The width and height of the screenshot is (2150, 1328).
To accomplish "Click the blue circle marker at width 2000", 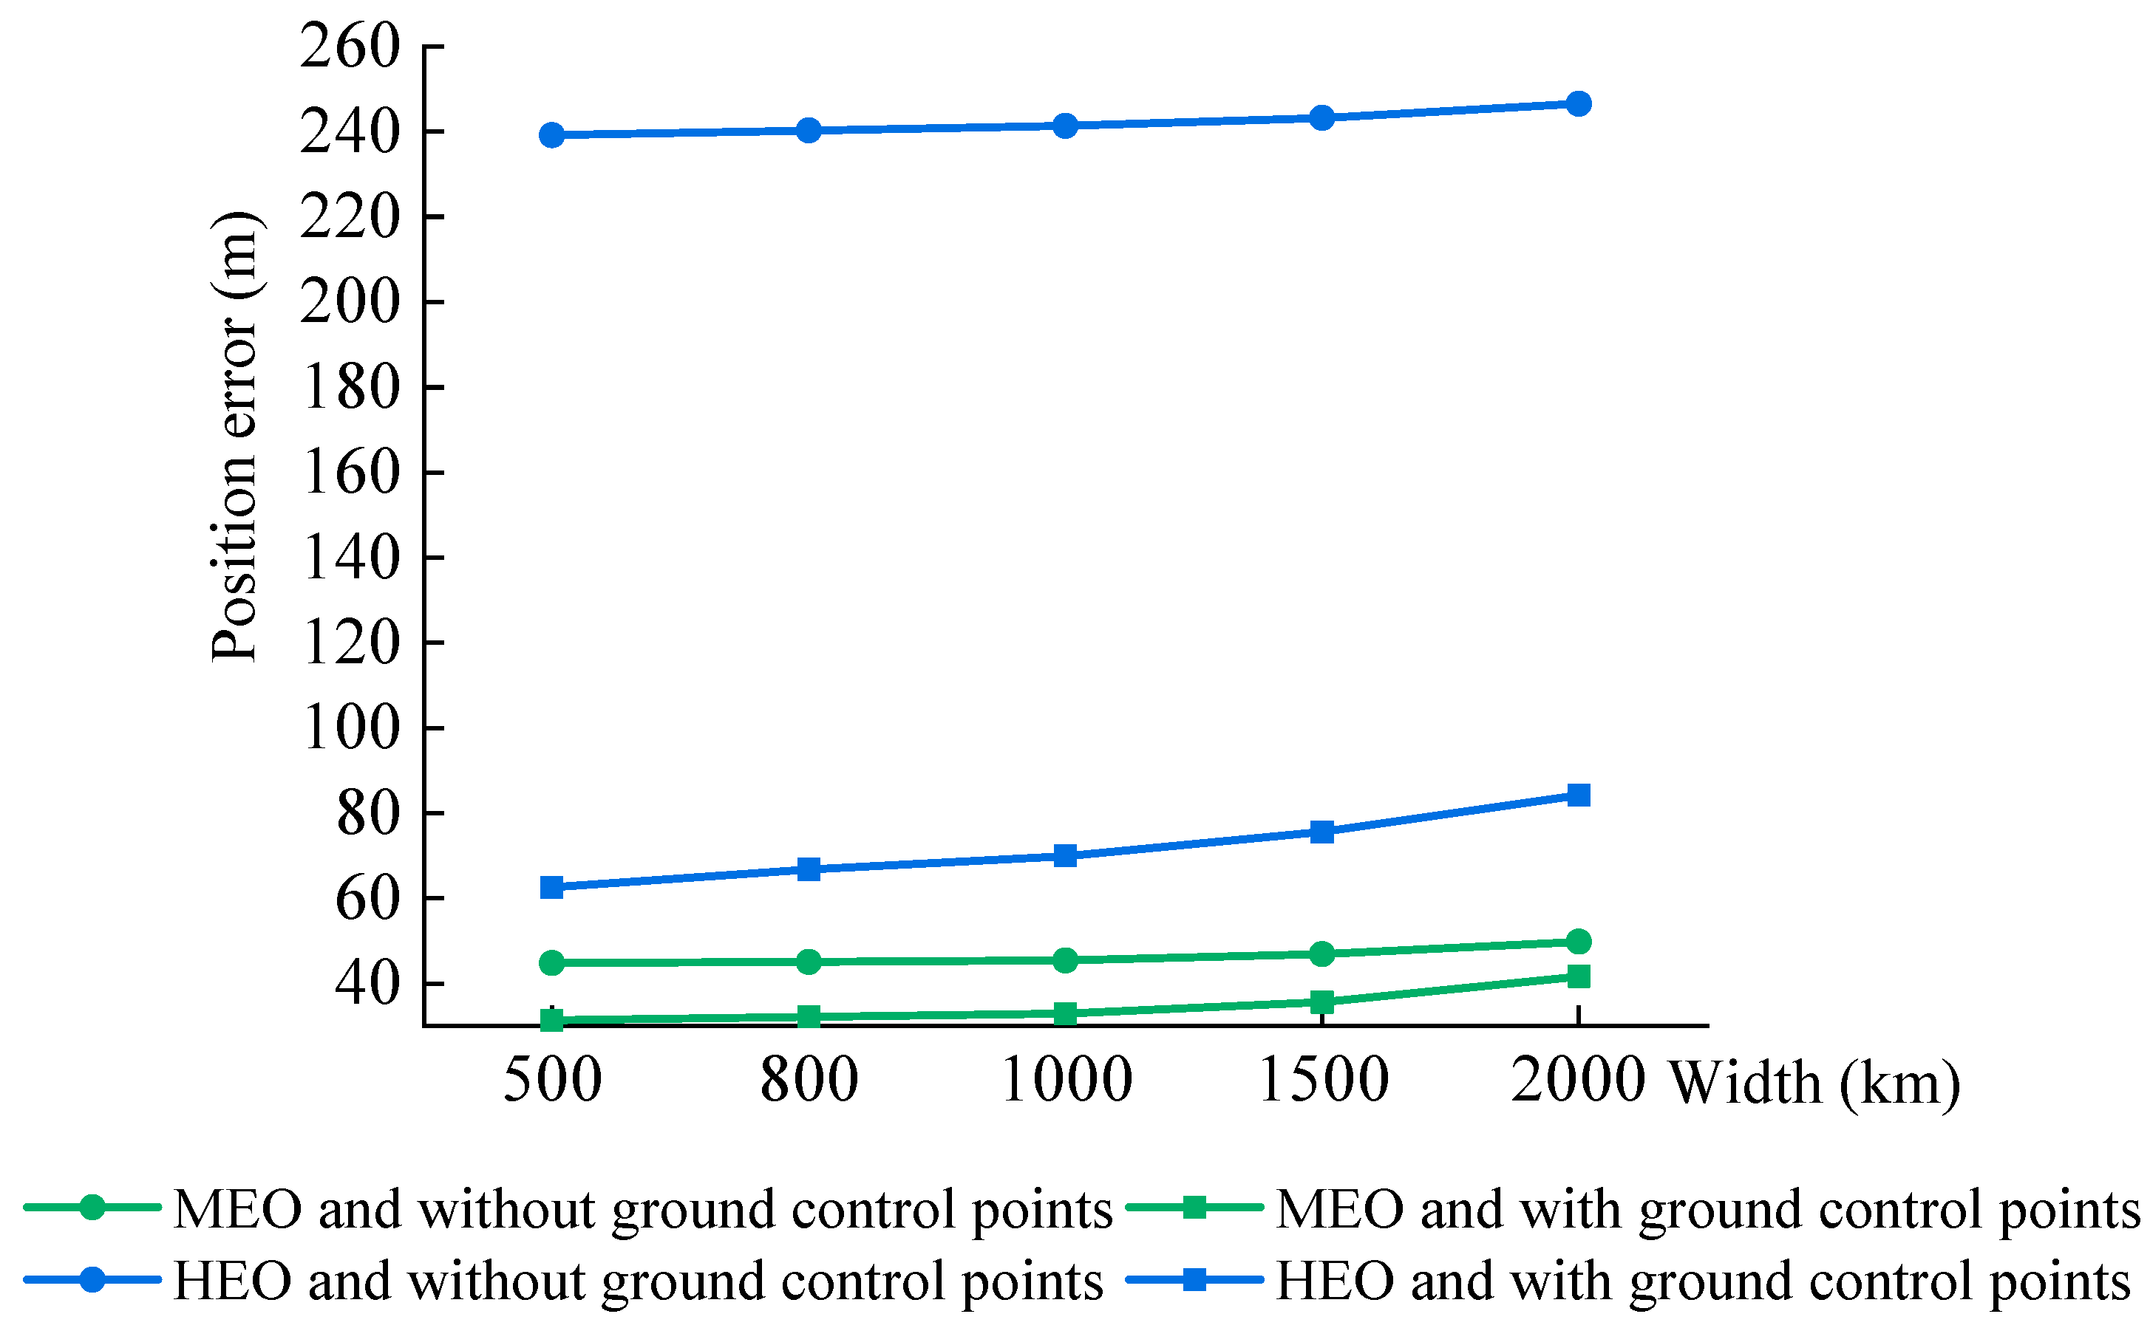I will point(1578,103).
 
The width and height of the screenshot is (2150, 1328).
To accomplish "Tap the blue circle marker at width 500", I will point(552,134).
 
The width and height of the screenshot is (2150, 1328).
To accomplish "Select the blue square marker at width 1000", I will point(1065,855).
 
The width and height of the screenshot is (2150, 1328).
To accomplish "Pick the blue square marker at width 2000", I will point(1578,795).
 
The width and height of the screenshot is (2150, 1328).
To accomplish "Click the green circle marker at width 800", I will point(809,962).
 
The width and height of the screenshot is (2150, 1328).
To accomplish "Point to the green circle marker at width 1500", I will point(1321,954).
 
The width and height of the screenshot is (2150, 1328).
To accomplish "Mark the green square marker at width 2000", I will point(1578,976).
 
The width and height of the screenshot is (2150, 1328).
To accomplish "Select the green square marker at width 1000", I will point(1065,1013).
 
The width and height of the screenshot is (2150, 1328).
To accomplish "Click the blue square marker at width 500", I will point(552,887).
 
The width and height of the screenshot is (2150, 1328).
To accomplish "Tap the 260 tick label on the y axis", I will point(350,46).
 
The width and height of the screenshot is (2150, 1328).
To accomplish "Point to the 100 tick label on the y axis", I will point(350,728).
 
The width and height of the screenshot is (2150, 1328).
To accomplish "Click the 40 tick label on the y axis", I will point(367,984).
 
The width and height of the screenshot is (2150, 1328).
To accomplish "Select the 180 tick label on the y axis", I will point(350,387).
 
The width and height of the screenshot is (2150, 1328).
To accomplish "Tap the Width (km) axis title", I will point(1814,1083).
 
